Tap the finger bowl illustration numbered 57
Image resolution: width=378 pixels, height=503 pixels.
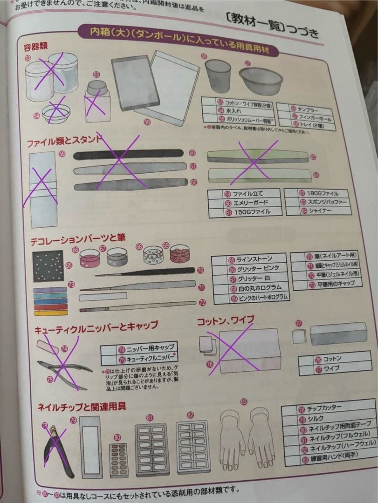(x=261, y=81)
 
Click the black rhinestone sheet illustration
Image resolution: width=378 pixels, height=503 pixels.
(x=48, y=266)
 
